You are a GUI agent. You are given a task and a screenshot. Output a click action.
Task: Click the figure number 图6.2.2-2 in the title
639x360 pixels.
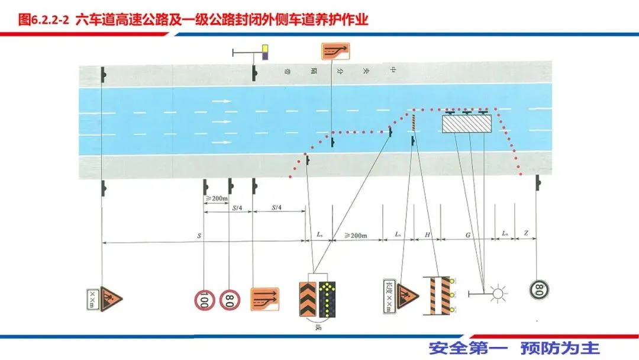(44, 20)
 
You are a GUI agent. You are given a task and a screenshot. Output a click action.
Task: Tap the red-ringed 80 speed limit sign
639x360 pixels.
(230, 299)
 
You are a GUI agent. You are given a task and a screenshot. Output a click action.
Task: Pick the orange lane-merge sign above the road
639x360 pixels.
(335, 52)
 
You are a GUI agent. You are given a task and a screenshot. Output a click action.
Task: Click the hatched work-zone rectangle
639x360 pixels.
(467, 124)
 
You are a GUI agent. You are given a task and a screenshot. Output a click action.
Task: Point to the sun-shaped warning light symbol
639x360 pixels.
(495, 292)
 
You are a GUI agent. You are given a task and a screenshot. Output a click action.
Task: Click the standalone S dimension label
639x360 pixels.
(199, 236)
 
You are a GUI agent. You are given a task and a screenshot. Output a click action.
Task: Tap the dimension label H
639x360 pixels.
(427, 235)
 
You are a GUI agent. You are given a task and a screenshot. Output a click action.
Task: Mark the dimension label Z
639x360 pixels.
(526, 235)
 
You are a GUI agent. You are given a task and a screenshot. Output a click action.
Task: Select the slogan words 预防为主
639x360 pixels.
(560, 348)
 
